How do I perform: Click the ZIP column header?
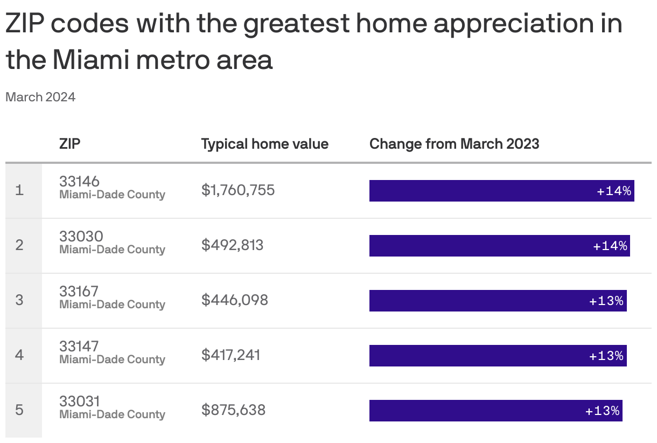point(70,144)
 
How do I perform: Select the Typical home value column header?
point(264,144)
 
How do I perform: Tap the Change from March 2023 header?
point(454,144)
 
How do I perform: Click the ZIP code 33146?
point(79,182)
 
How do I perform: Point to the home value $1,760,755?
point(238,190)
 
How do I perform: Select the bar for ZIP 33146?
point(501,191)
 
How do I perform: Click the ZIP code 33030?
point(81,237)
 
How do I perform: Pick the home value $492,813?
point(232,245)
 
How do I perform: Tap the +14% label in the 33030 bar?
point(610,246)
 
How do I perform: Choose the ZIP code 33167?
point(79,292)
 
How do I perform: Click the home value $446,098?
point(234,300)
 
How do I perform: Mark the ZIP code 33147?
point(79,347)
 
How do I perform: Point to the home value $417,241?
point(230,355)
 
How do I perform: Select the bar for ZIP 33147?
point(498,356)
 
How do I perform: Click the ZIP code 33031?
point(79,402)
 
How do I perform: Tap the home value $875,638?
point(233,410)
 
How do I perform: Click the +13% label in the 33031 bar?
point(603,411)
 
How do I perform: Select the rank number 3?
point(19,300)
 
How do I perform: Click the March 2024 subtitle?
point(40,97)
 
